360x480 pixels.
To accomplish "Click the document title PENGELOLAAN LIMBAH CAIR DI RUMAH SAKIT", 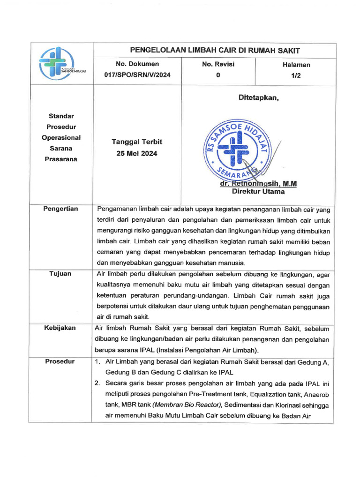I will [x=215, y=50].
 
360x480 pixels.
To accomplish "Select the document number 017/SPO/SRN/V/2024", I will [x=137, y=75].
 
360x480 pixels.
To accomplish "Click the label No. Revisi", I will [x=218, y=64].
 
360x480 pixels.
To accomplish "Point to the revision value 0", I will [x=218, y=75].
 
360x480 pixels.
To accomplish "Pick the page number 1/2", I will [x=296, y=75].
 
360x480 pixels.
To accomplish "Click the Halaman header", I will [x=296, y=65].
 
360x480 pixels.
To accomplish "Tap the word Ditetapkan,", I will [x=259, y=97].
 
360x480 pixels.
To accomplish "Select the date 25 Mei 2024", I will [x=137, y=153].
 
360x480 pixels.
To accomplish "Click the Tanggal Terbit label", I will [x=137, y=142].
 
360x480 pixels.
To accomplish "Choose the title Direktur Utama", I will [x=258, y=191].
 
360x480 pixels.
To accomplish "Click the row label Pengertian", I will [x=61, y=209].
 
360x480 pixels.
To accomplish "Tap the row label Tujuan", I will [x=60, y=274].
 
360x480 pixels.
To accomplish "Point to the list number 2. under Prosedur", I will [x=97, y=383].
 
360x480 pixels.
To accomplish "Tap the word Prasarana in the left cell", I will [x=61, y=159].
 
